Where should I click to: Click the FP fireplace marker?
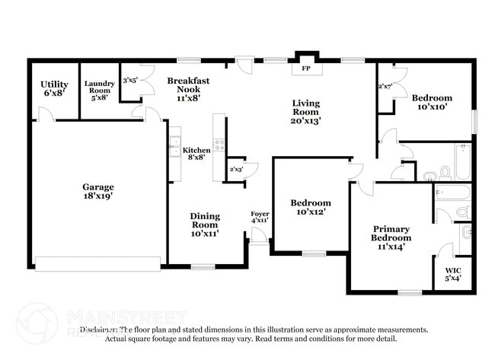tap(307, 68)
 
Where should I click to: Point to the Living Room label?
tap(306, 111)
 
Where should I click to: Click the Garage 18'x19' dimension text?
tap(98, 196)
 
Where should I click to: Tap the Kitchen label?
tap(196, 151)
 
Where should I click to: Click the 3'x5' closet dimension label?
tap(130, 79)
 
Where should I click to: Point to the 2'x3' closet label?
tap(237, 169)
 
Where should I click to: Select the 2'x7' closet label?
tap(385, 86)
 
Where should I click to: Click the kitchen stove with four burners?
tap(219, 143)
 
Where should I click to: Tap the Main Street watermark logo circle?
tap(37, 323)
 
